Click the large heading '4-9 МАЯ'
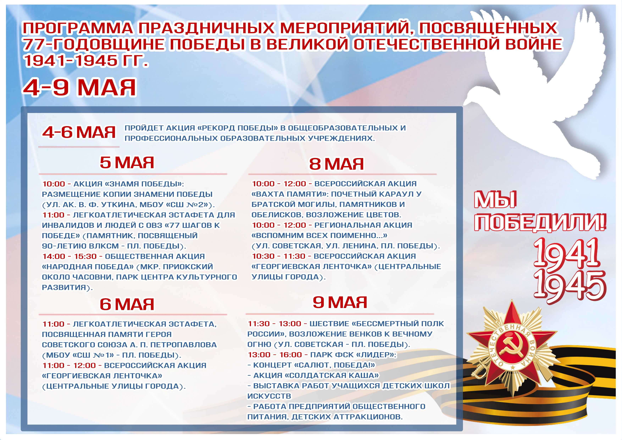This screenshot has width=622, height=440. (x=79, y=87)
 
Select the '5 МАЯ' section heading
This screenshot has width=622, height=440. (x=127, y=163)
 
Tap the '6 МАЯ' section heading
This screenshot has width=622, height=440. (x=127, y=304)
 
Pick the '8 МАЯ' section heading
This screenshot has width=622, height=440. (x=337, y=164)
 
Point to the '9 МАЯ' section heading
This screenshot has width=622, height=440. (x=340, y=302)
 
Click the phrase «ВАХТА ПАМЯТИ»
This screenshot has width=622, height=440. (x=290, y=194)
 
